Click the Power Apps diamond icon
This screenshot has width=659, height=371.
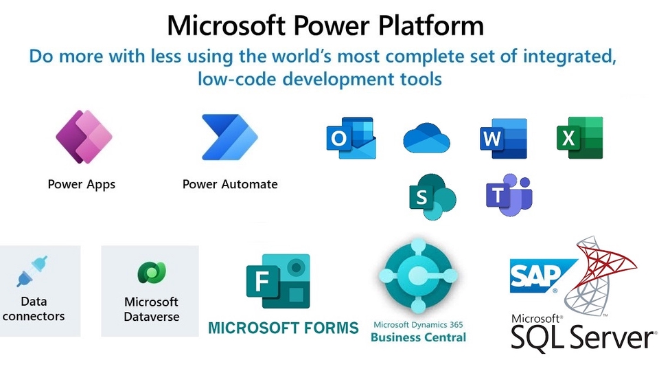point(84,137)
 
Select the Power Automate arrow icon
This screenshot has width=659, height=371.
point(229,137)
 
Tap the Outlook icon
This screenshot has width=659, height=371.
point(351,137)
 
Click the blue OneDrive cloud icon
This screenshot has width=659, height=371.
point(426,138)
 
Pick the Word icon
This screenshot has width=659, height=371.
point(503,138)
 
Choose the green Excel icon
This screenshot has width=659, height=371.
point(580,137)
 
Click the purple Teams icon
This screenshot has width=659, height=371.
point(509,194)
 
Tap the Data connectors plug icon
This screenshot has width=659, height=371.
point(32,271)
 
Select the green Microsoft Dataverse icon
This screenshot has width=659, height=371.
point(152,273)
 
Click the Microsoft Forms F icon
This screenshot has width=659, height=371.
point(278,281)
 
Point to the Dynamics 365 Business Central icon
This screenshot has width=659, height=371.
point(418,276)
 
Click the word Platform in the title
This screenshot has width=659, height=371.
point(431,26)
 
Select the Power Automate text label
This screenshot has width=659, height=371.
point(230,184)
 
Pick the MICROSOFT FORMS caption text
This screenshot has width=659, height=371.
point(284,328)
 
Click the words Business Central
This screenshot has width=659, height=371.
point(418,337)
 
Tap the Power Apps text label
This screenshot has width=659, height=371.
point(82,185)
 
